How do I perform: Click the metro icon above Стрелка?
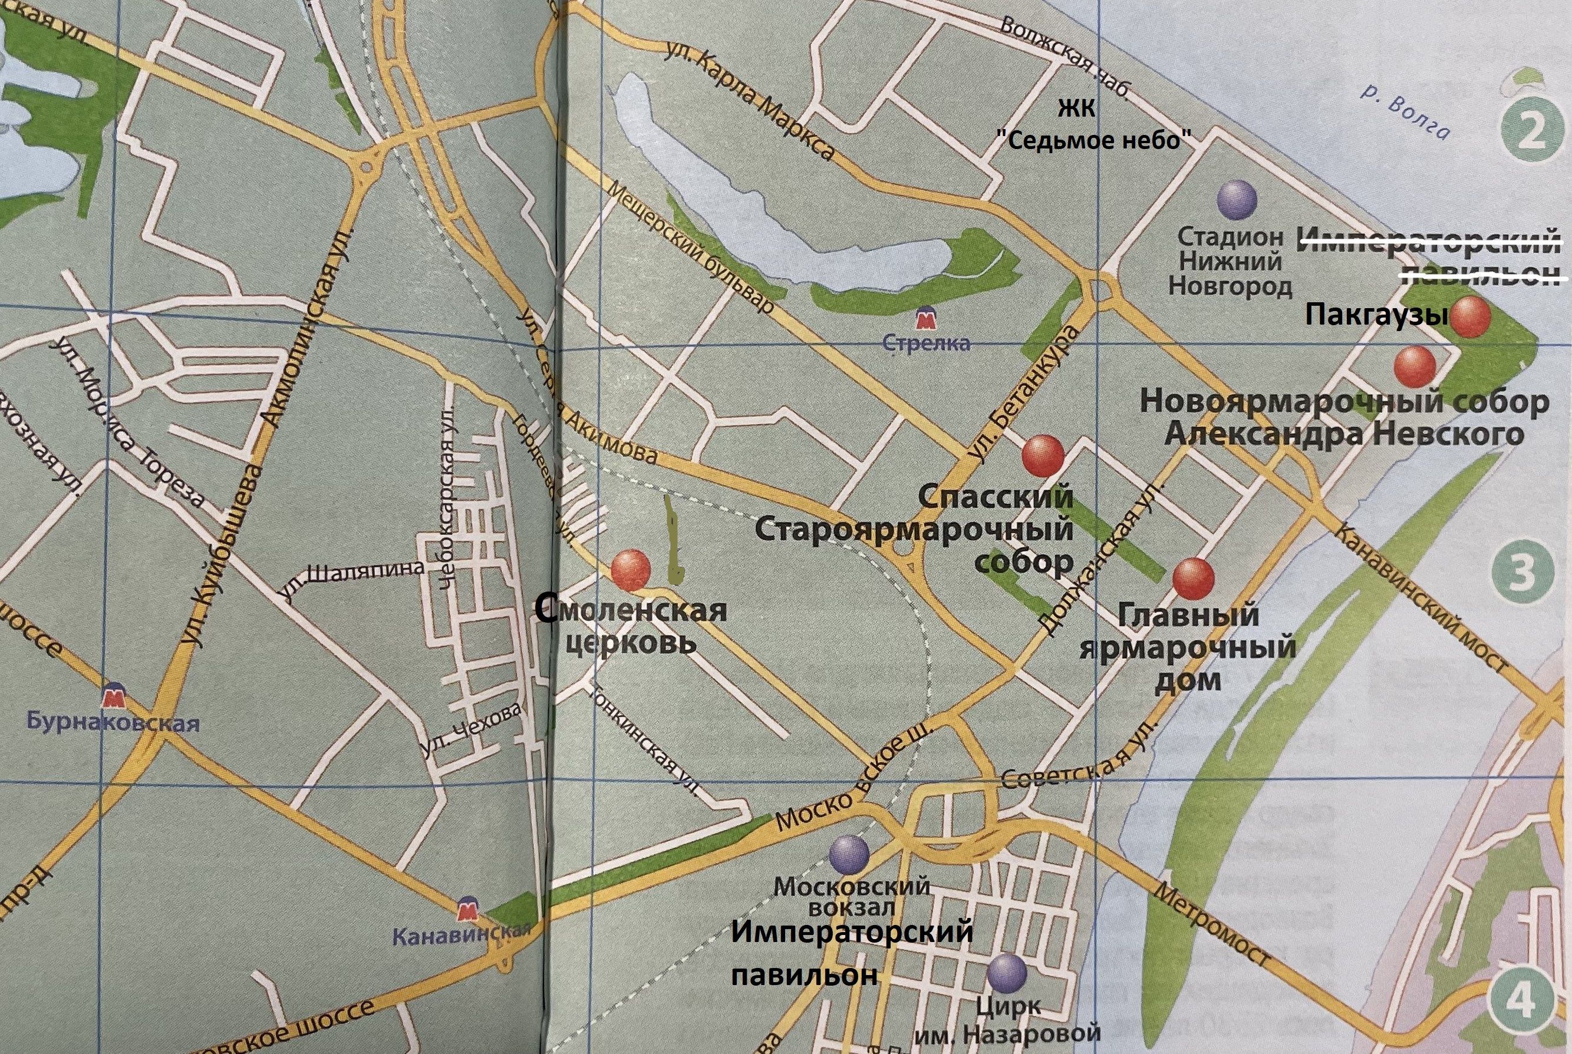927,318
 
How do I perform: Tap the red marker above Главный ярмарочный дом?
1194,578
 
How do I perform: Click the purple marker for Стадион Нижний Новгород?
1237,200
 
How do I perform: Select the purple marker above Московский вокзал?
849,854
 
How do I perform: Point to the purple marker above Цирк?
1007,973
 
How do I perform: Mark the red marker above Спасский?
1043,456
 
